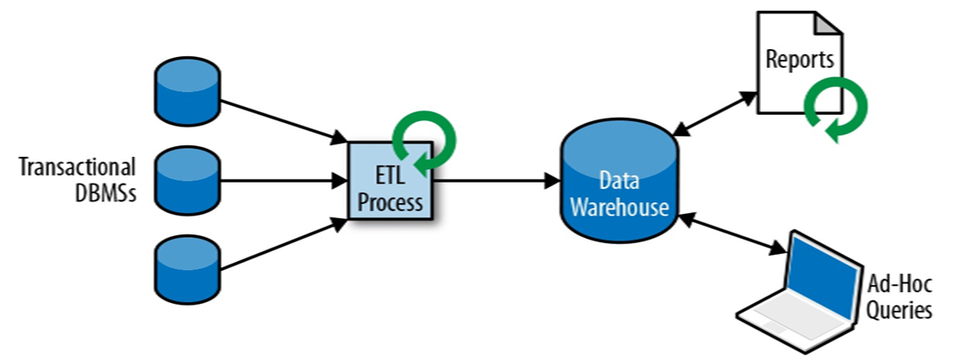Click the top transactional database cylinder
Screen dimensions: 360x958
(187, 92)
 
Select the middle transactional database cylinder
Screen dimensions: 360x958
(187, 181)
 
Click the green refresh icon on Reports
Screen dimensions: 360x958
(834, 110)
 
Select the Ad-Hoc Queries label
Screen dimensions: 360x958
(899, 299)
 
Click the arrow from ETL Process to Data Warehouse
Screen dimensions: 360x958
(495, 181)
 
